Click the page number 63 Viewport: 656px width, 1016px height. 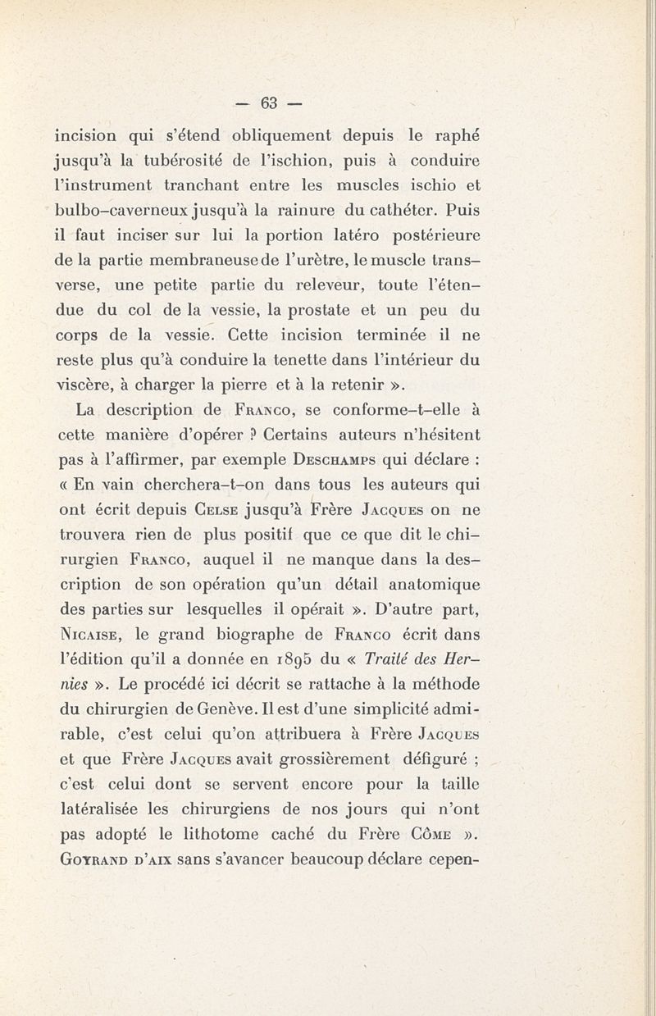(270, 103)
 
